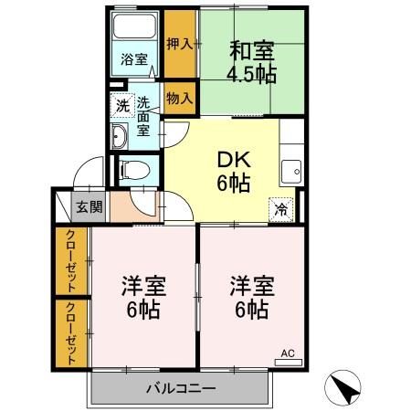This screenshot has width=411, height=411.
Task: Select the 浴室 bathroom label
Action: (x=133, y=60)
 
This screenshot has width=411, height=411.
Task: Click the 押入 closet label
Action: (x=180, y=43)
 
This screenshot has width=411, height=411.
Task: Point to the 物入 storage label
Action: (x=180, y=97)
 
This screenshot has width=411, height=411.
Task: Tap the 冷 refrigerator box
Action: (x=281, y=208)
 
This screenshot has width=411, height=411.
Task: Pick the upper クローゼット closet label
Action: (x=71, y=260)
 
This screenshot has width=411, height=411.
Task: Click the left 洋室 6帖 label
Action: (x=142, y=298)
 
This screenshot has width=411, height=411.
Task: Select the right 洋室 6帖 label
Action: (x=248, y=298)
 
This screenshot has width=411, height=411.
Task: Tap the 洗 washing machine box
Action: (x=121, y=105)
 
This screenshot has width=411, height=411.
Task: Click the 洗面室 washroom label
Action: (x=143, y=117)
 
